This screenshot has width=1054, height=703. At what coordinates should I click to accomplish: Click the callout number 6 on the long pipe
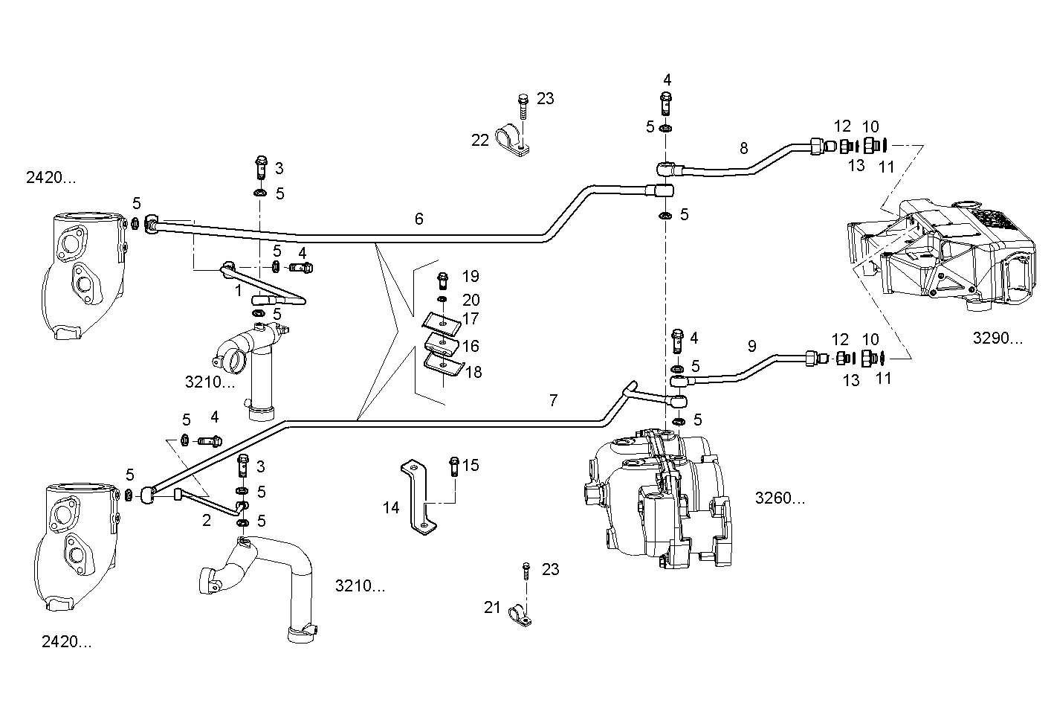(419, 218)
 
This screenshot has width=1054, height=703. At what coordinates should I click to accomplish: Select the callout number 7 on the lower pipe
(552, 400)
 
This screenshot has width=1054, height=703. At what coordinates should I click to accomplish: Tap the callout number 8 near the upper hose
(743, 148)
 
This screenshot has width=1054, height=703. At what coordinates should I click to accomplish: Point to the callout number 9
(751, 346)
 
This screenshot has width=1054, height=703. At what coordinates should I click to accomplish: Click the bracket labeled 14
(416, 495)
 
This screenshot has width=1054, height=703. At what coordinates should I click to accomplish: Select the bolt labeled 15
(453, 466)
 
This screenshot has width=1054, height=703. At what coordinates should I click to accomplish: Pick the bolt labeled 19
(444, 279)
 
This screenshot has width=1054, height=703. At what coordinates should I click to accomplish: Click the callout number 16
(470, 346)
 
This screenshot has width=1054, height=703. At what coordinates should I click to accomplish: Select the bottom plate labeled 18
(443, 365)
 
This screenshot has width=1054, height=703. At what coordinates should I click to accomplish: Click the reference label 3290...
(998, 338)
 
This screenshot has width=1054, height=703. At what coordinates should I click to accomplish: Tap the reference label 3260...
(779, 498)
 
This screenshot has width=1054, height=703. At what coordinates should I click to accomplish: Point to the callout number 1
(239, 291)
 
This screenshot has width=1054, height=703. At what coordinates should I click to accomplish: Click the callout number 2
(207, 520)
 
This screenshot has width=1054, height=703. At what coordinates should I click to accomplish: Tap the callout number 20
(471, 300)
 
